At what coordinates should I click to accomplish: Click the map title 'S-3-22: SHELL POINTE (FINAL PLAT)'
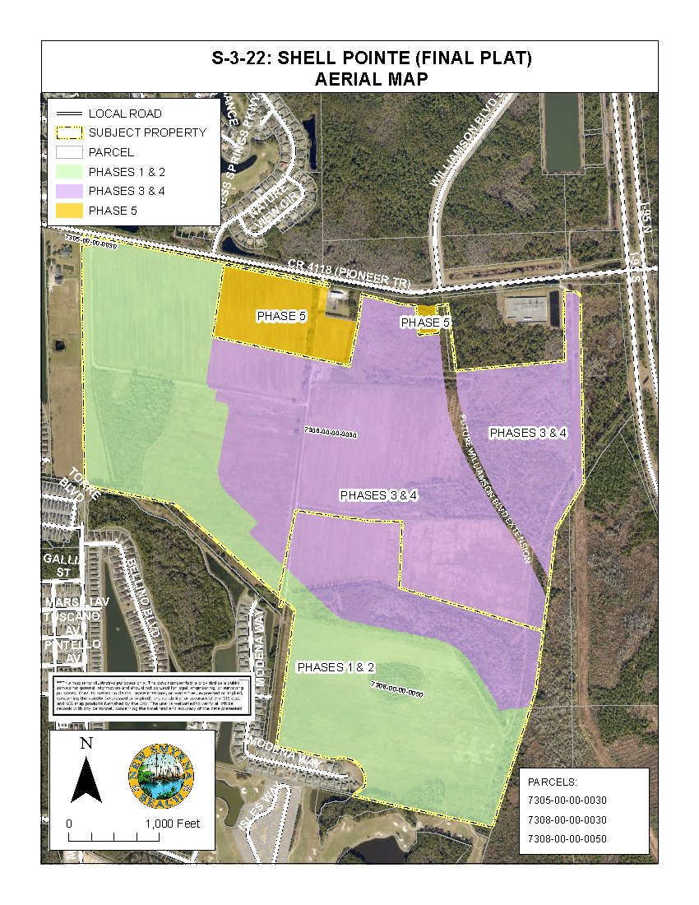point(349,58)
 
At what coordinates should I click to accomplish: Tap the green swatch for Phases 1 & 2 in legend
point(70,172)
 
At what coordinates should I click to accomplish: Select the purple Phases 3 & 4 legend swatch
point(70,192)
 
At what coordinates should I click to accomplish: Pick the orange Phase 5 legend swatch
point(70,211)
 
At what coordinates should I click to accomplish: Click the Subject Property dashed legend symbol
point(70,132)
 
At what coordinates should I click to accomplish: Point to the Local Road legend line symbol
point(70,114)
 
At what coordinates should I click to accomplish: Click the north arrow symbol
point(86,773)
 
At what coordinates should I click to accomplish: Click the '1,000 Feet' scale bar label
point(173,824)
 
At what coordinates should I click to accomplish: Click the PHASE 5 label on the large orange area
point(282,316)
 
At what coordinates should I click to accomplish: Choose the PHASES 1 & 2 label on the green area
point(336,666)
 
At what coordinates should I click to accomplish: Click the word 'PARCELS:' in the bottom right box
point(552,780)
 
